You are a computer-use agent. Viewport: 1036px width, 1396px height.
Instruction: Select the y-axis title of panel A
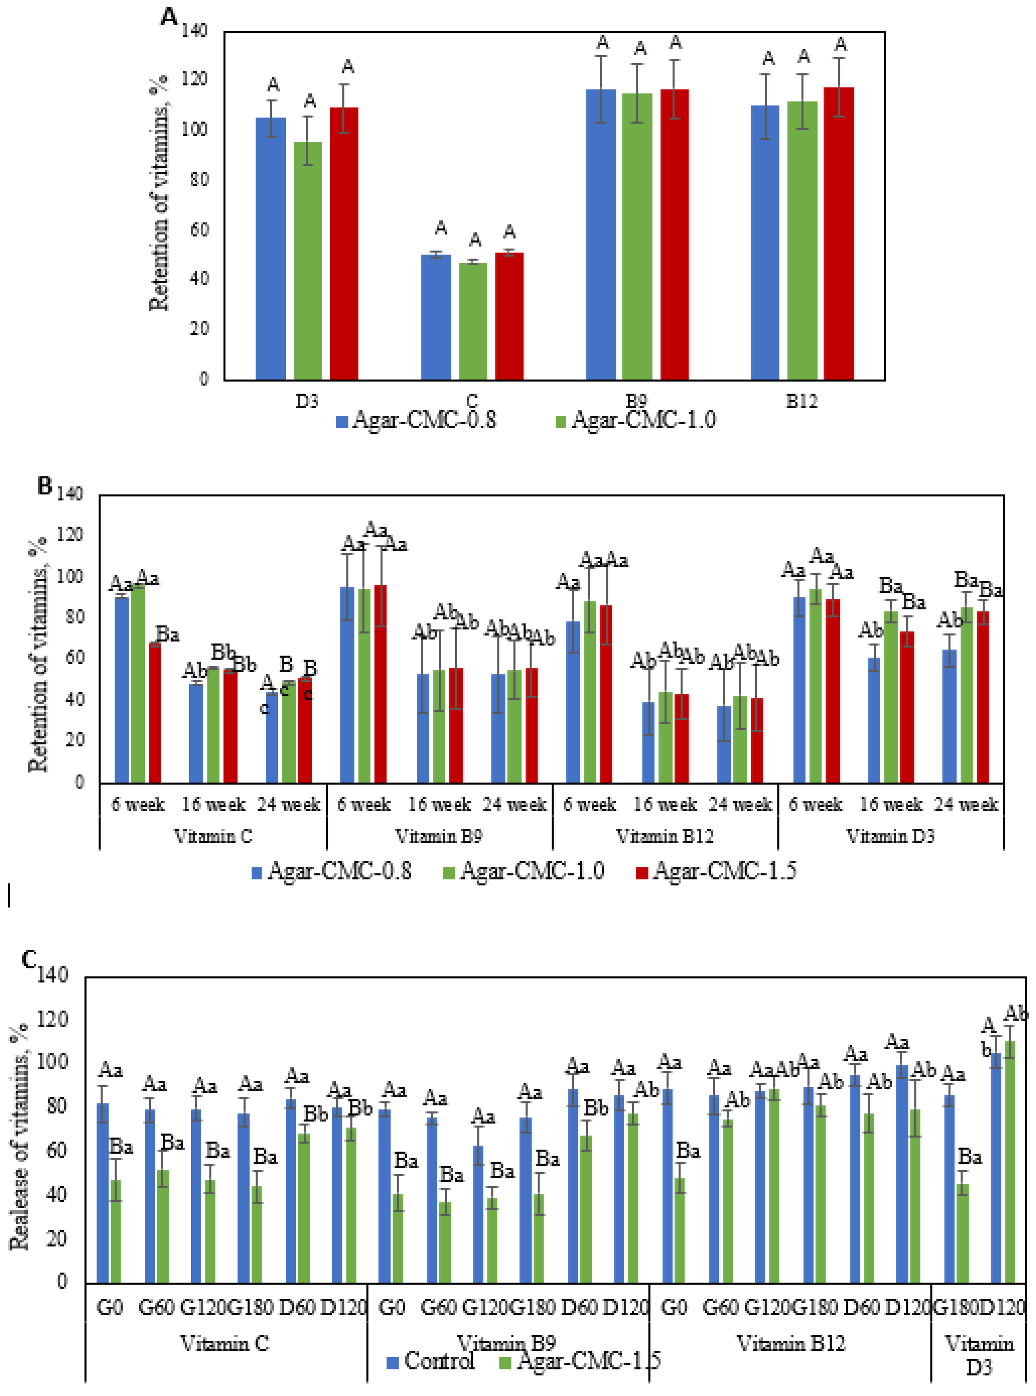(159, 193)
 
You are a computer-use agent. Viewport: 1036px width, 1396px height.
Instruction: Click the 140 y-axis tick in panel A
(195, 30)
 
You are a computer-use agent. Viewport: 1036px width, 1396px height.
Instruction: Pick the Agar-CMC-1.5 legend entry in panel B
(716, 871)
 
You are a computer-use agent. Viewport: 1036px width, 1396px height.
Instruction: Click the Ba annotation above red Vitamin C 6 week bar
(167, 635)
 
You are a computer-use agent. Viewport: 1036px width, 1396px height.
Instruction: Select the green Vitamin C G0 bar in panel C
(115, 1234)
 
